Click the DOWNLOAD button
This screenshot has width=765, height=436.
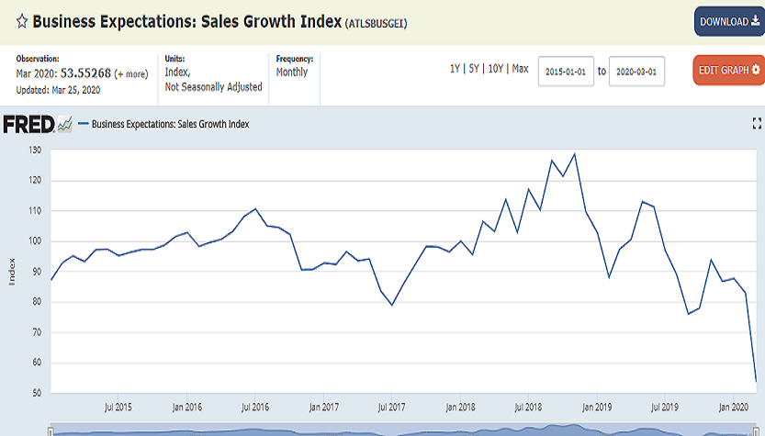point(729,21)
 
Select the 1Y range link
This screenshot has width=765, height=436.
point(456,69)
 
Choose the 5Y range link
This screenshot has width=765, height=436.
point(475,69)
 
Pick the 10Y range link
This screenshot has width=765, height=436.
point(496,69)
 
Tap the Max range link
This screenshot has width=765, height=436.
point(520,69)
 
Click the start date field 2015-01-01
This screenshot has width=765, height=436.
point(566,71)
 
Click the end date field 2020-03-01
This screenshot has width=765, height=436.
point(636,71)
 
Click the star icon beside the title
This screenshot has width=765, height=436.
point(8,21)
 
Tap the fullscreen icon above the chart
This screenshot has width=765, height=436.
point(757,123)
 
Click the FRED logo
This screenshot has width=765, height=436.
point(28,124)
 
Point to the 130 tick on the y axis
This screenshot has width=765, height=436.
point(36,150)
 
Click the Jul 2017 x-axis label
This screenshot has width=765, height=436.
point(391,407)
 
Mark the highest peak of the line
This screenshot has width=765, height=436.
point(575,153)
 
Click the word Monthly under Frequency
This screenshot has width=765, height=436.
point(292,73)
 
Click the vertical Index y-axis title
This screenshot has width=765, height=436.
point(12,272)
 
